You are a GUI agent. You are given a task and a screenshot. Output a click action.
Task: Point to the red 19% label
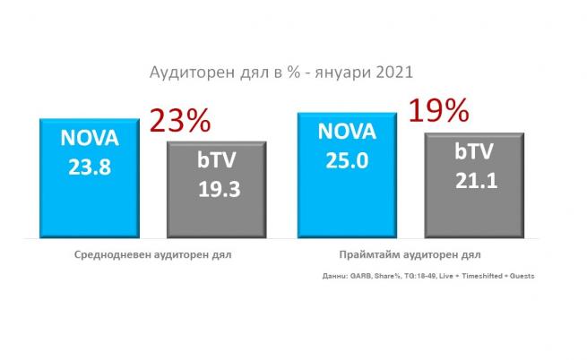pos(438,111)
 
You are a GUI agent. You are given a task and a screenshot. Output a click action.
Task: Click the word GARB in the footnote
pos(359,276)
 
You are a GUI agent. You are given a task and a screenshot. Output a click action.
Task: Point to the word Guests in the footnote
pos(522,276)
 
